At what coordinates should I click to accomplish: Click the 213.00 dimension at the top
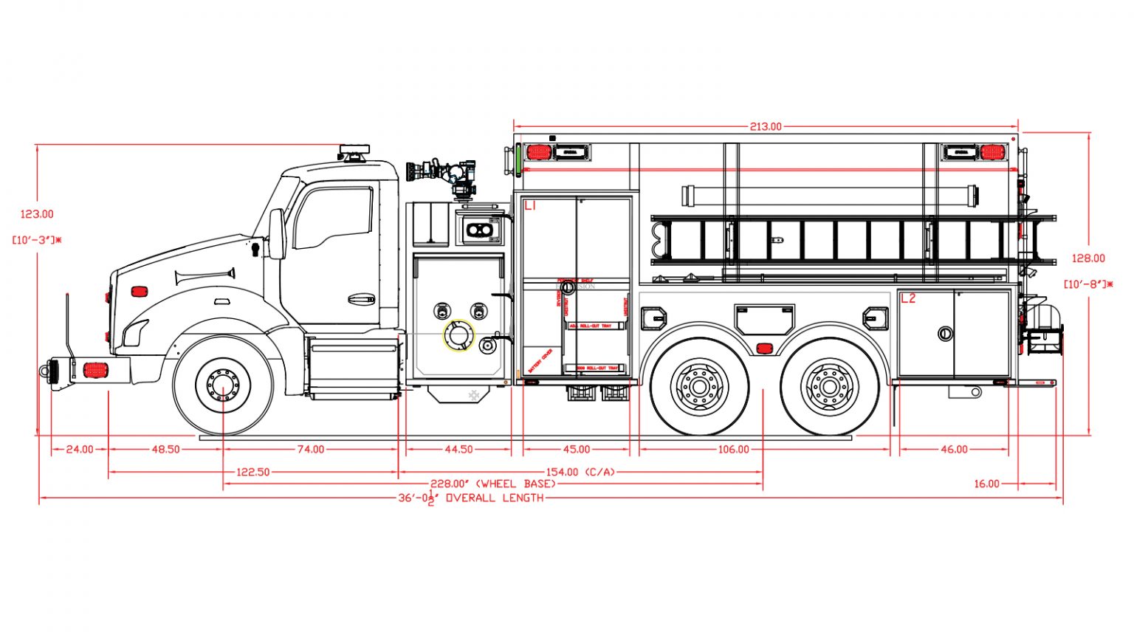(x=766, y=127)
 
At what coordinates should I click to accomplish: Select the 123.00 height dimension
(x=37, y=214)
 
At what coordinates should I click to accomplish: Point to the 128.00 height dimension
(x=1088, y=258)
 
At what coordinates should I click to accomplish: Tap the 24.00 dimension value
(x=80, y=449)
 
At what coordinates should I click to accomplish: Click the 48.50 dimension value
(x=165, y=449)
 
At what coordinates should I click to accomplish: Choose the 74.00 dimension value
(x=311, y=449)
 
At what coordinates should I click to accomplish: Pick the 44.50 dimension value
(x=458, y=449)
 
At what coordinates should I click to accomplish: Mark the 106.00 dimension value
(x=733, y=449)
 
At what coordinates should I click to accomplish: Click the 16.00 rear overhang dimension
(x=986, y=484)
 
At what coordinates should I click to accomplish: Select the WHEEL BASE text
(x=516, y=484)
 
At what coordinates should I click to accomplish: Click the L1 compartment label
(x=530, y=206)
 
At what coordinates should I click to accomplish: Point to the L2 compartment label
(x=907, y=298)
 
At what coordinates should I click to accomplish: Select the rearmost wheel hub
(x=829, y=385)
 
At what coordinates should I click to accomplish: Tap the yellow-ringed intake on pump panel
(x=458, y=336)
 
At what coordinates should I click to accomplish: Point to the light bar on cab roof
(x=353, y=152)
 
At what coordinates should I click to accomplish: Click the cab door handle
(x=361, y=299)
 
